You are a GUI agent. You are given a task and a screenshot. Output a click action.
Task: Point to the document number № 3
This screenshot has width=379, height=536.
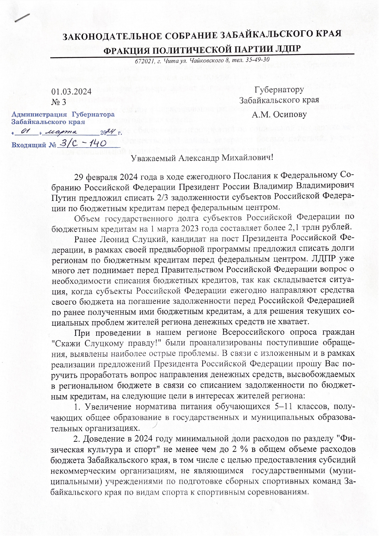59,102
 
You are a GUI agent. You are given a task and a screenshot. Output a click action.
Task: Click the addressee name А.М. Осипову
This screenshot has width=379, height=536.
279,114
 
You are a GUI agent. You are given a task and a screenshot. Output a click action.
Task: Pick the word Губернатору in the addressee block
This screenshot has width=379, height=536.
279,90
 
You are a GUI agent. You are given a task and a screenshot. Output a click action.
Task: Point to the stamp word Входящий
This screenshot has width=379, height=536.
28,145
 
